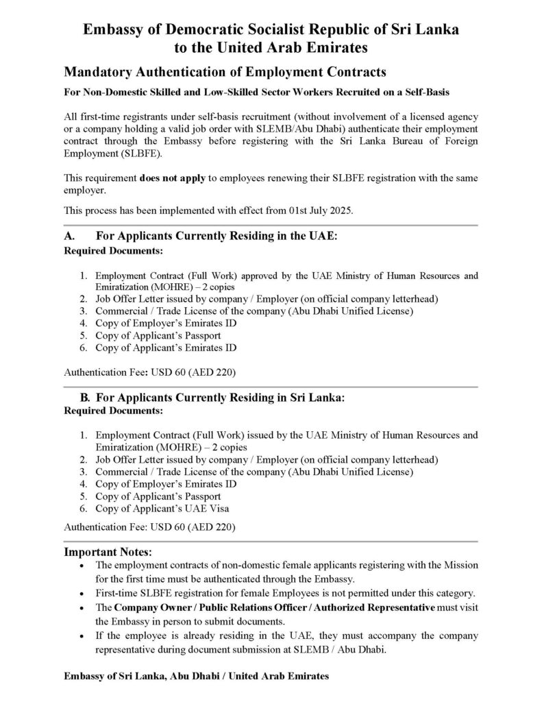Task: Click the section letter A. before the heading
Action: click(x=69, y=236)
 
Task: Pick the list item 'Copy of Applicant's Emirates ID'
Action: click(x=166, y=347)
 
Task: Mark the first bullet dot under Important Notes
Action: click(x=82, y=566)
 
